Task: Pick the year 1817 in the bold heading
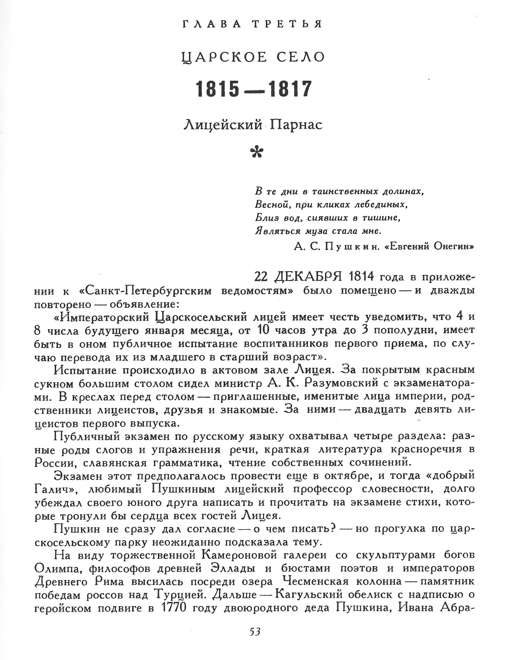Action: (290, 89)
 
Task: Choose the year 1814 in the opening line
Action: (361, 276)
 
